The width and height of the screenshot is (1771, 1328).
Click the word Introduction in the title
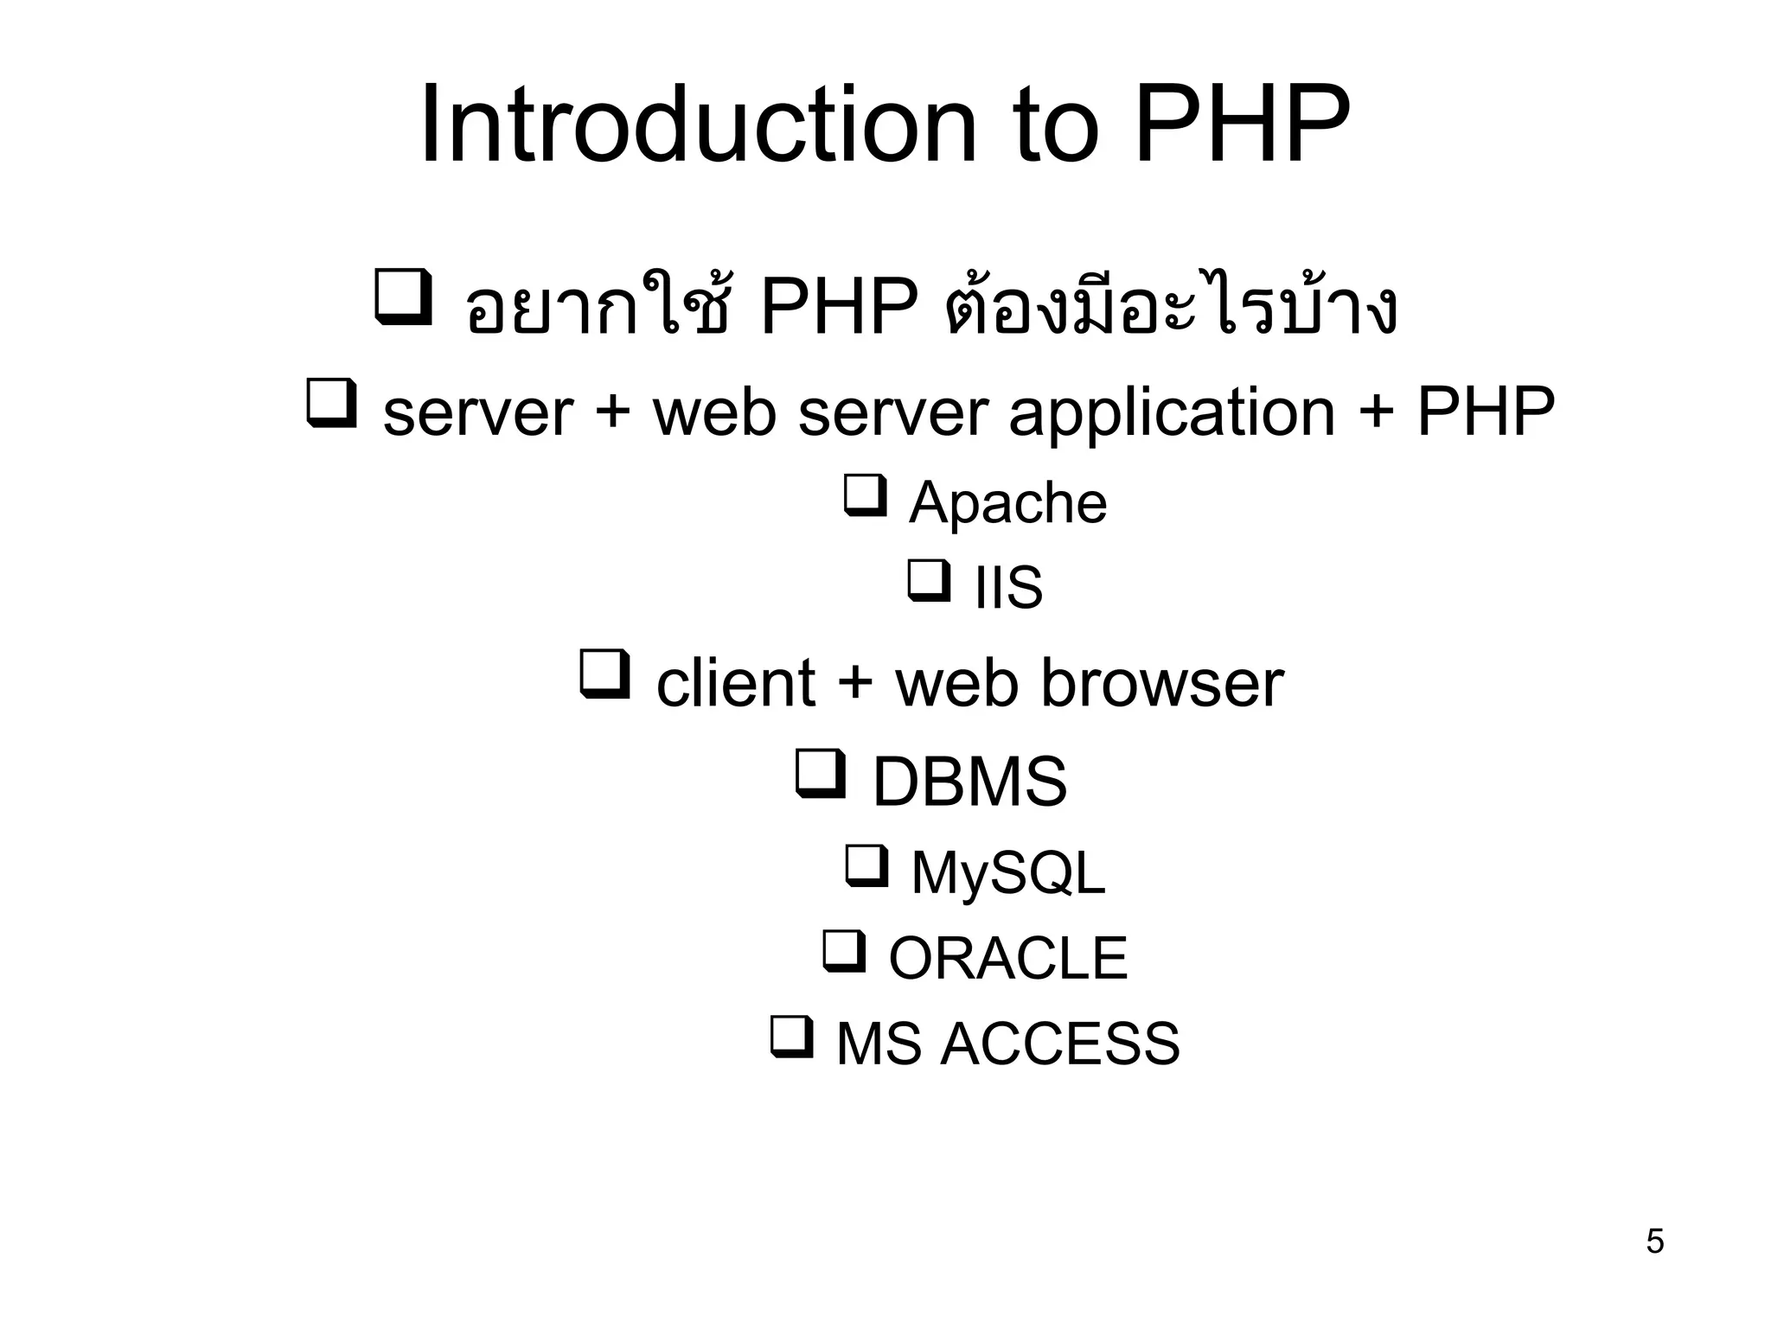tap(697, 125)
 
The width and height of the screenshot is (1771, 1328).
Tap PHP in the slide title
tap(1242, 125)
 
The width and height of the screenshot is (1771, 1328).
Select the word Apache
tap(1007, 502)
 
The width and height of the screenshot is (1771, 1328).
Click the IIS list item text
tap(1008, 588)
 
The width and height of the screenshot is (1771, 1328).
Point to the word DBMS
tap(969, 782)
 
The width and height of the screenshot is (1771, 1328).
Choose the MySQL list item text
tap(1008, 872)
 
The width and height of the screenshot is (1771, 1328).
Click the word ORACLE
tap(1008, 958)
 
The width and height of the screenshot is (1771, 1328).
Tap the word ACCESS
tap(1059, 1044)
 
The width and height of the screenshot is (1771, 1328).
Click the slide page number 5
tap(1654, 1242)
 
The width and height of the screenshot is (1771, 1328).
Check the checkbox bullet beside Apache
tap(865, 495)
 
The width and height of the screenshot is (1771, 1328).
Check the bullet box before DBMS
tap(819, 773)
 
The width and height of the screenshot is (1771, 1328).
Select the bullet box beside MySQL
tap(866, 865)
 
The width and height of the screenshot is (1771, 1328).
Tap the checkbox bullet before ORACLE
tap(844, 950)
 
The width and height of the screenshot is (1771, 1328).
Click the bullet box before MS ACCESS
tap(791, 1036)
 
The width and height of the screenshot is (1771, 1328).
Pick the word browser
tap(1161, 684)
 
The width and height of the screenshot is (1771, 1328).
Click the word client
tap(735, 684)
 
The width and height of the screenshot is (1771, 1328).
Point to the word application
tap(1172, 413)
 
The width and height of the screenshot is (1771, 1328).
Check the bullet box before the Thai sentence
tap(403, 297)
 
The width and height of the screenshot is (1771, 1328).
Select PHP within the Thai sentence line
tap(838, 308)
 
